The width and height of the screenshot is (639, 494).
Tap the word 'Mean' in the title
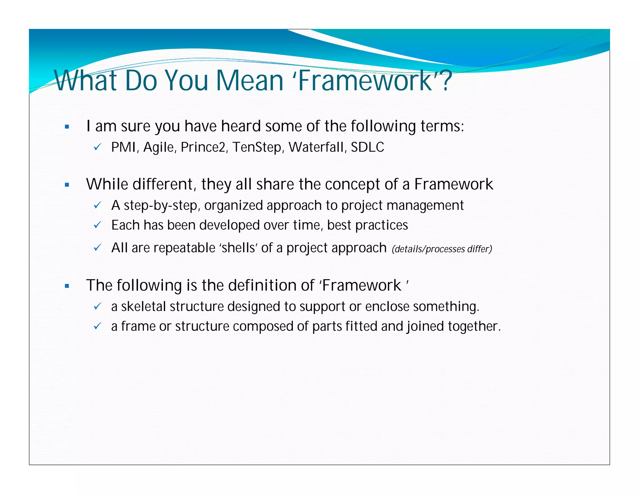250,81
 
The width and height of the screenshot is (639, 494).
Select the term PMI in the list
123,147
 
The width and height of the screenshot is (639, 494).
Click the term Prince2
203,147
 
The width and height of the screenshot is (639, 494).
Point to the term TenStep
257,147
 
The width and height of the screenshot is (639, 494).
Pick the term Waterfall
316,147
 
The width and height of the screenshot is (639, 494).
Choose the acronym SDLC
367,147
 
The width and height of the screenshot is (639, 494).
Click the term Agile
158,147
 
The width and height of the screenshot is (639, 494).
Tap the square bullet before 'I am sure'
67,127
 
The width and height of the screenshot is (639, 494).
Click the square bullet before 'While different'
67,185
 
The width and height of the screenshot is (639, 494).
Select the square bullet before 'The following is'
67,286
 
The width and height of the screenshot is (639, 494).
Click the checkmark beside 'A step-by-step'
97,205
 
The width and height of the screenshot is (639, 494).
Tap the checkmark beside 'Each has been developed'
97,225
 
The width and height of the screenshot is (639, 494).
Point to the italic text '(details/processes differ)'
442,249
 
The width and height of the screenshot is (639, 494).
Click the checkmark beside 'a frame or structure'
97,327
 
